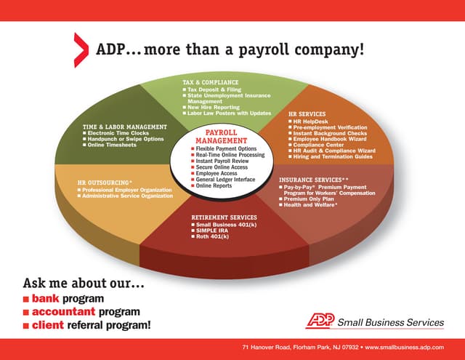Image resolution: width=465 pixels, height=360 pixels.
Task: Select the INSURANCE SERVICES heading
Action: click(x=313, y=179)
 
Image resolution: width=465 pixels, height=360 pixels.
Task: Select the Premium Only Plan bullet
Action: click(x=313, y=199)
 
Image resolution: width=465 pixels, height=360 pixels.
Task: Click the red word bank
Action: click(x=45, y=298)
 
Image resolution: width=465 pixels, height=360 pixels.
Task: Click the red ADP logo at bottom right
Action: click(x=320, y=321)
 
